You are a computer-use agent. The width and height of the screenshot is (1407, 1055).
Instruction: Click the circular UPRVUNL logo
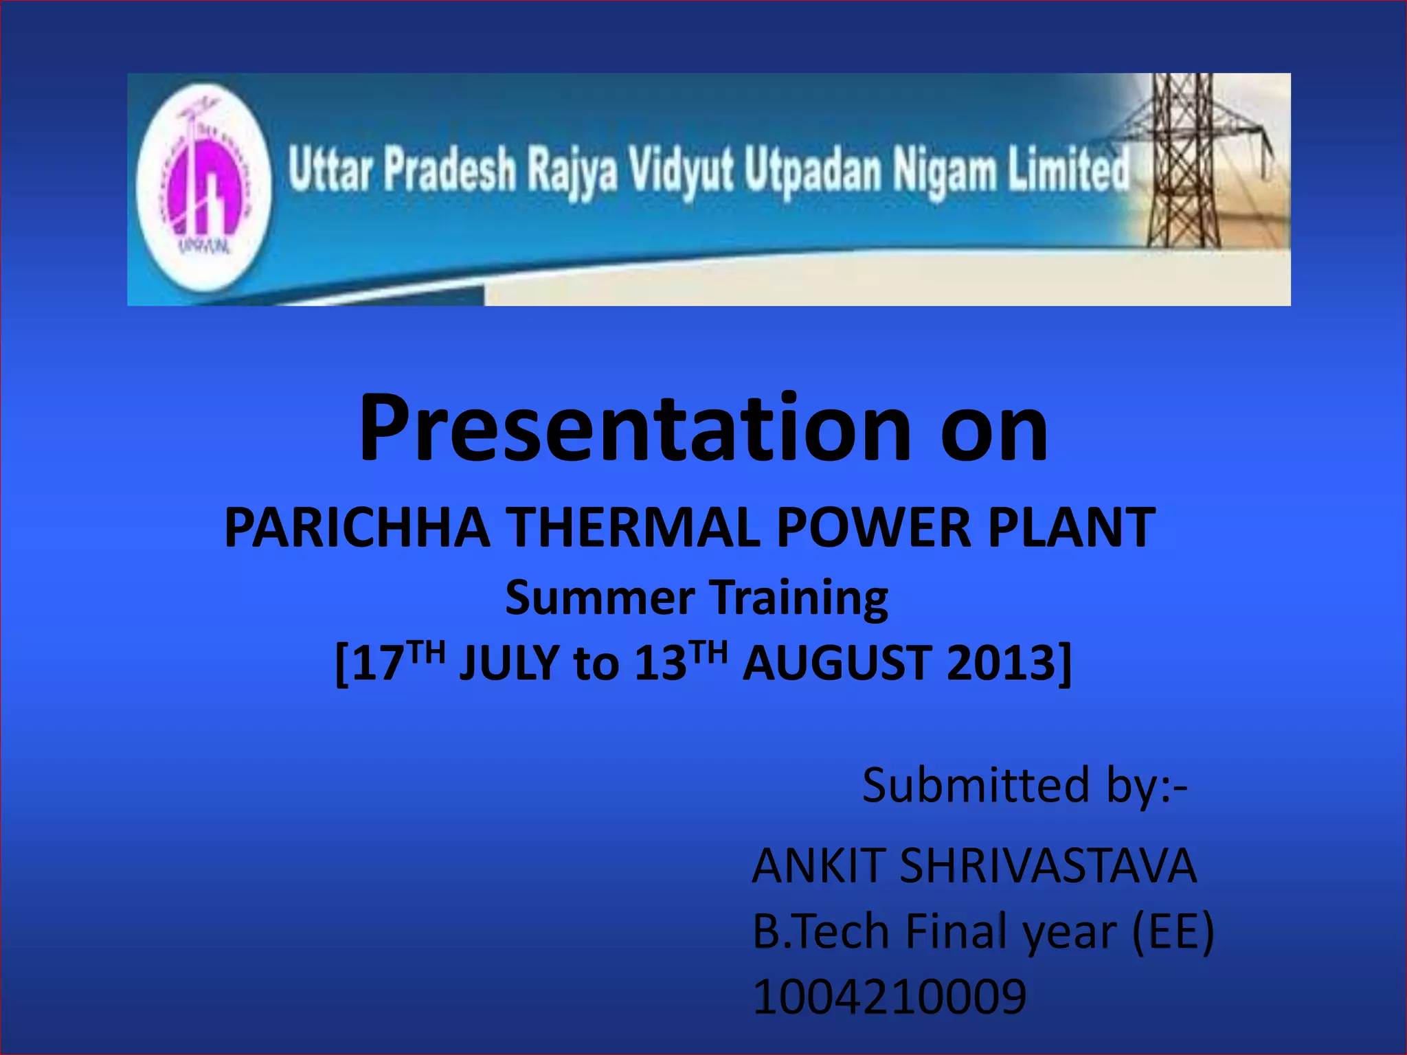click(204, 187)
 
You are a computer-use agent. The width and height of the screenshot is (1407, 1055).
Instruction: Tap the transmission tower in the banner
click(1183, 161)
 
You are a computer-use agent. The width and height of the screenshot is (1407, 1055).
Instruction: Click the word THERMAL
click(635, 527)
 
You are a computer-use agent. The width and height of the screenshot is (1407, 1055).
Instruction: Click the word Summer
click(600, 597)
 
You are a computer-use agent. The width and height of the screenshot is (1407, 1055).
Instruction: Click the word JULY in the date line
click(509, 663)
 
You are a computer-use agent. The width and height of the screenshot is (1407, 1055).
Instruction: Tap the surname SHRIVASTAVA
click(1048, 865)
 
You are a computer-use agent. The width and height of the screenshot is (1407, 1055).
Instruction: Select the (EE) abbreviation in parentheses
click(1172, 931)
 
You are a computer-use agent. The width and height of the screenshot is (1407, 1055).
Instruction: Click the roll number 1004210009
click(889, 997)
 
